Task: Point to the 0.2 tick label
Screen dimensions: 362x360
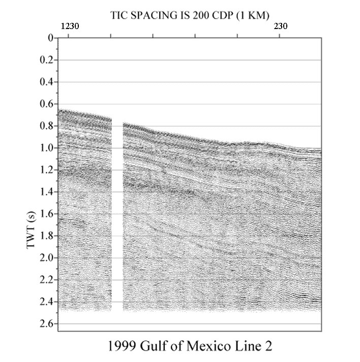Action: [x=47, y=60]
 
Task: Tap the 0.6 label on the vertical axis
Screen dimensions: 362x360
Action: [x=47, y=104]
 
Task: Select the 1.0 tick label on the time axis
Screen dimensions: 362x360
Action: [x=47, y=148]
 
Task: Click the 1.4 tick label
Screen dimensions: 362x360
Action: [x=47, y=192]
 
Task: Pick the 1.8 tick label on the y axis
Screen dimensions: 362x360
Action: [x=47, y=236]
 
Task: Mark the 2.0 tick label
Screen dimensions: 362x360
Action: [x=47, y=258]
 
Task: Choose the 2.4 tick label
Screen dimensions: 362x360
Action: [x=47, y=302]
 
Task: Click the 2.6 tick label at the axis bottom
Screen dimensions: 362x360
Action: [x=47, y=324]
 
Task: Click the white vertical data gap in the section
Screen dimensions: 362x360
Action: [x=117, y=214]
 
